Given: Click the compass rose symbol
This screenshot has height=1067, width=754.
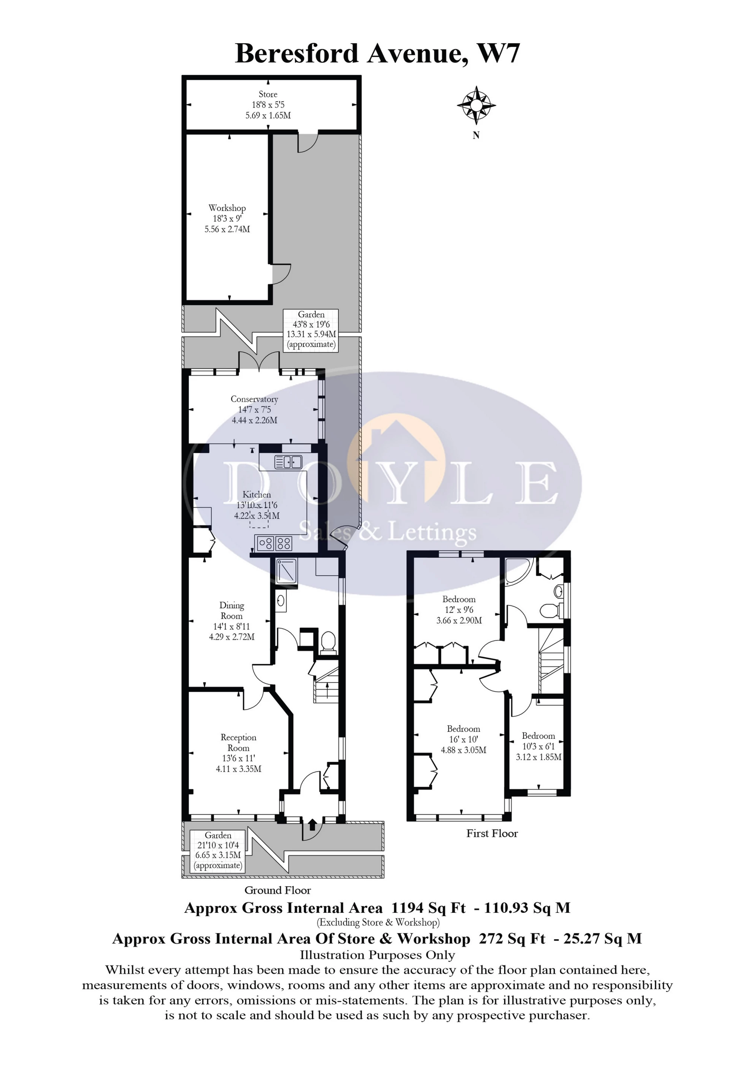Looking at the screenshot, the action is [476, 105].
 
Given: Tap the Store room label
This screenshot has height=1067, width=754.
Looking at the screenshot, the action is [268, 94].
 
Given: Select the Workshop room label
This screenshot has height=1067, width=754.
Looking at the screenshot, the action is [227, 208].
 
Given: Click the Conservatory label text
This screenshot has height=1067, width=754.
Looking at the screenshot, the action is [254, 399].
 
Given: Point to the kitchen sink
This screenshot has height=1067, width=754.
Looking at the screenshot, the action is [288, 462].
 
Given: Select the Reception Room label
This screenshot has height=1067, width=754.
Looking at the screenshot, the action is [238, 743].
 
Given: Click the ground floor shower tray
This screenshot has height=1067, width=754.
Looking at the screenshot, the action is [286, 571].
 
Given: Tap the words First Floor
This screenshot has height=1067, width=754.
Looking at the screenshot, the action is [492, 833].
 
